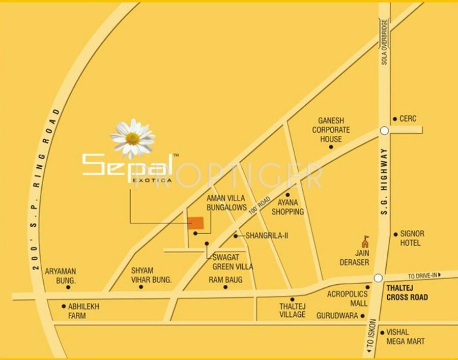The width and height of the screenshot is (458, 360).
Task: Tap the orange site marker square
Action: pyautogui.click(x=196, y=223)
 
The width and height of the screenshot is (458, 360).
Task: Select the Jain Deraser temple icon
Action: pyautogui.click(x=365, y=242)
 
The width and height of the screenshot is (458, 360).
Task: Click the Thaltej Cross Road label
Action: pyautogui.click(x=407, y=293)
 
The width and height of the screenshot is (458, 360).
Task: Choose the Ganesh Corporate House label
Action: pyautogui.click(x=331, y=130)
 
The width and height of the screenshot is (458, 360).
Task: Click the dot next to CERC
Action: pyautogui.click(x=394, y=119)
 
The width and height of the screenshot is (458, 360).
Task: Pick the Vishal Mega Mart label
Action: pyautogui.click(x=405, y=337)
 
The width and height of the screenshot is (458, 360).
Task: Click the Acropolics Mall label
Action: pyautogui.click(x=347, y=298)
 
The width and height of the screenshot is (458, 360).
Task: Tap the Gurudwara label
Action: pyautogui.click(x=337, y=316)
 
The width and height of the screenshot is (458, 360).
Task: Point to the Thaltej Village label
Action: pyautogui.click(x=292, y=310)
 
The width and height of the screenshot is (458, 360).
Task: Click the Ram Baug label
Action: pyautogui.click(x=225, y=280)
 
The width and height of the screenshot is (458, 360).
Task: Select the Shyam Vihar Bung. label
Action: pyautogui.click(x=151, y=275)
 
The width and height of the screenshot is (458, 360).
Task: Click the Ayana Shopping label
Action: pyautogui.click(x=288, y=207)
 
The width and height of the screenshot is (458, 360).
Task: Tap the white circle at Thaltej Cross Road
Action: pyautogui.click(x=378, y=278)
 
